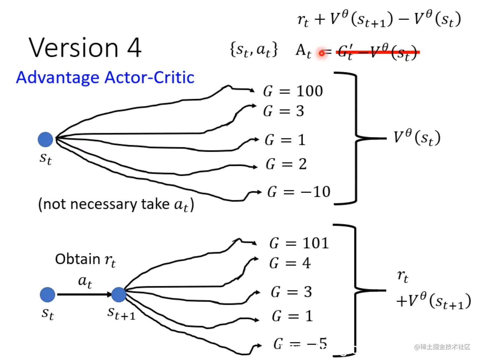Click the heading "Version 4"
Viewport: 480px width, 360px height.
(85, 48)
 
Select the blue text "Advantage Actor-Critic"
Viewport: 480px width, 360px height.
(105, 77)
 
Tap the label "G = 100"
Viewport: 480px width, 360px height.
(293, 91)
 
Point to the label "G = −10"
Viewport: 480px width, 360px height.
(299, 192)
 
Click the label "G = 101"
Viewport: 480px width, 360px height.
(299, 243)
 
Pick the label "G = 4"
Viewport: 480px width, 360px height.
(290, 263)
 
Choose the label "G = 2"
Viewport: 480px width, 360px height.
(286, 164)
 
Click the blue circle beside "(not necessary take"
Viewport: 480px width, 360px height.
(45, 139)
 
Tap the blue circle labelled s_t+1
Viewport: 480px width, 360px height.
(119, 295)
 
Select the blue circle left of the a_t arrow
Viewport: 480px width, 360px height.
(48, 295)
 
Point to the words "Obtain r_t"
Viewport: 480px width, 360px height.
(85, 260)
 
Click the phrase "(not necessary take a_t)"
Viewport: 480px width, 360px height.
(116, 204)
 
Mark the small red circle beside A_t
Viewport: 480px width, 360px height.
(322, 53)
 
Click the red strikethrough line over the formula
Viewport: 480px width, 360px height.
(378, 52)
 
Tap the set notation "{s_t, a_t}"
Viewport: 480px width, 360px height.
(254, 50)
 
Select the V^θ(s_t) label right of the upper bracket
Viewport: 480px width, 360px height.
(417, 137)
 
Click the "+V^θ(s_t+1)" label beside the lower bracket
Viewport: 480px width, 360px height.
(433, 301)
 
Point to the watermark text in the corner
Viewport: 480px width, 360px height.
(442, 347)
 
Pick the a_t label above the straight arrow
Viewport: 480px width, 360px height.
(85, 281)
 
